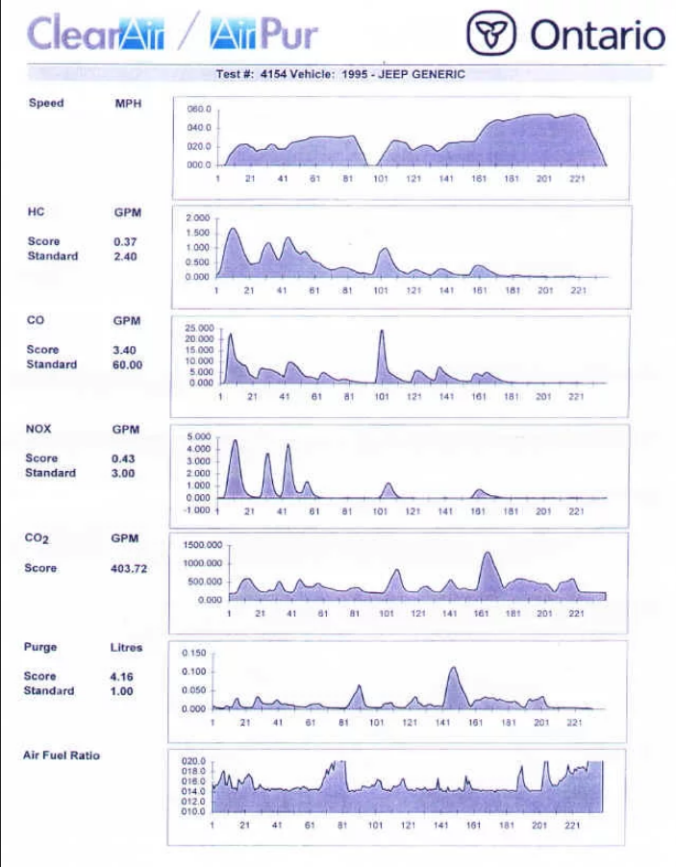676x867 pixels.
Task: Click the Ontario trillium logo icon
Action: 491,35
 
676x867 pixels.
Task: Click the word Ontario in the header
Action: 597,36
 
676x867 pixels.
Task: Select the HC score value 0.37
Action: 125,242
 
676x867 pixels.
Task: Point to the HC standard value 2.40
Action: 125,257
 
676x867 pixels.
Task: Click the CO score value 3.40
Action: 125,351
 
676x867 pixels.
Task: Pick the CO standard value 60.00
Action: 127,365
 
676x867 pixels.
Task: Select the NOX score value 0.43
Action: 124,459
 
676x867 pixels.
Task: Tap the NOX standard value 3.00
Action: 124,474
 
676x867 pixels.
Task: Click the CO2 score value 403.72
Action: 129,569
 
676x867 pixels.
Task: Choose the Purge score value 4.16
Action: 121,677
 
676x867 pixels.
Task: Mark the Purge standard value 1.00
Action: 121,691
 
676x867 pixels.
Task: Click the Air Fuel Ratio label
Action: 61,756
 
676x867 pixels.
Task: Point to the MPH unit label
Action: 128,104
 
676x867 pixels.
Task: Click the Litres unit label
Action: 126,648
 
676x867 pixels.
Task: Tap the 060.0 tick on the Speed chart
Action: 199,111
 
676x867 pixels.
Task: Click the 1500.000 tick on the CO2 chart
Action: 203,545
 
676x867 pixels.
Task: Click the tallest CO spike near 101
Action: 382,333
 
